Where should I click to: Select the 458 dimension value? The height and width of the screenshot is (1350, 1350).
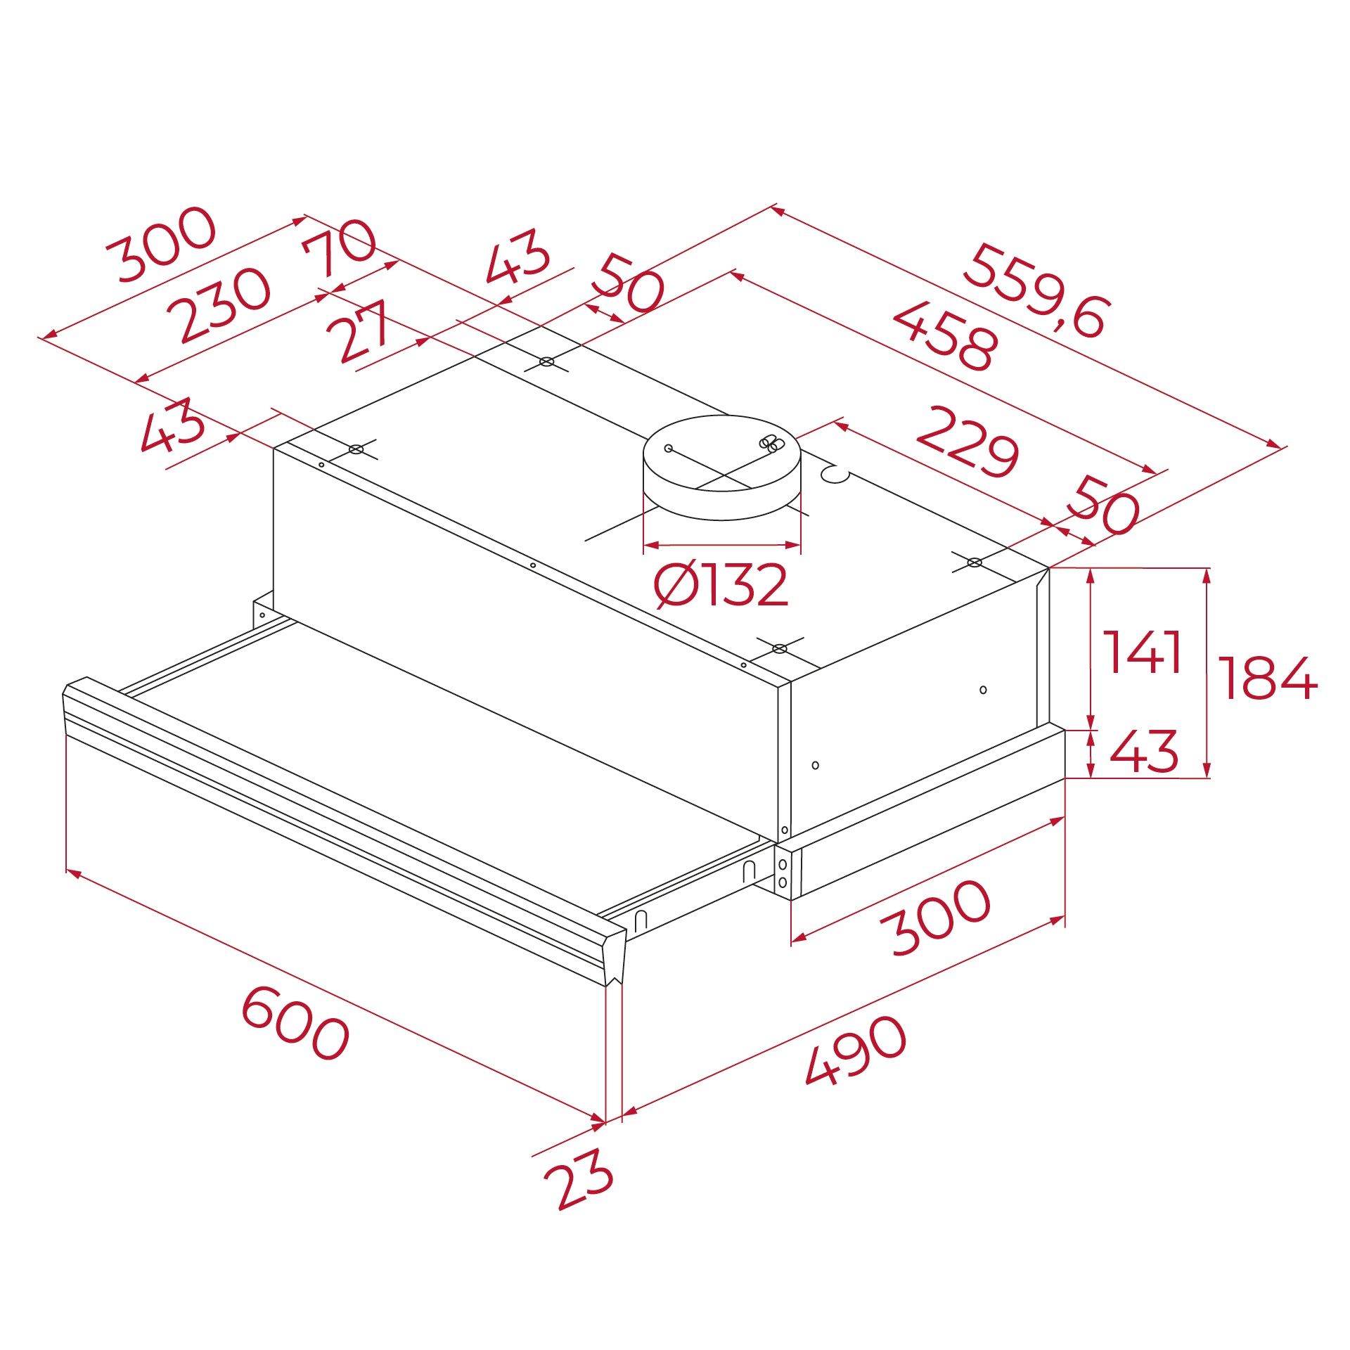pyautogui.click(x=945, y=336)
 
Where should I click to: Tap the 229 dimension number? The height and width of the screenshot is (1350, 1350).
pyautogui.click(x=967, y=442)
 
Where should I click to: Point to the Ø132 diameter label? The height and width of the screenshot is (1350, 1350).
pyautogui.click(x=721, y=585)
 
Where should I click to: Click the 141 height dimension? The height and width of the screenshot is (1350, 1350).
pyautogui.click(x=1142, y=652)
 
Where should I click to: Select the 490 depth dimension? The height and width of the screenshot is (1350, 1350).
pyautogui.click(x=856, y=1050)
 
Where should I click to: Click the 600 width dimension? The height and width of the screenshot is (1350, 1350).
pyautogui.click(x=295, y=1023)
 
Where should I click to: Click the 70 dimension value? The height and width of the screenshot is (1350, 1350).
pyautogui.click(x=340, y=247)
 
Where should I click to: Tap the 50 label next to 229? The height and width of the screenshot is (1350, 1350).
pyautogui.click(x=1102, y=505)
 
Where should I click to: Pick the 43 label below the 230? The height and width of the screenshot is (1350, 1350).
pyautogui.click(x=173, y=425)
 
